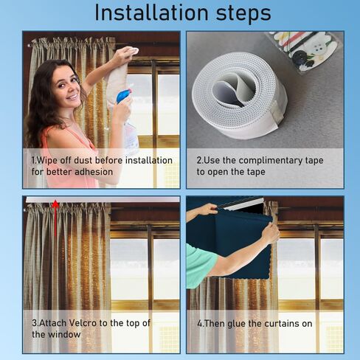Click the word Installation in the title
(151, 13)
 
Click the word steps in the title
(243, 13)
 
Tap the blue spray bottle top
(124, 96)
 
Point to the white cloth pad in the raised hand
(134, 51)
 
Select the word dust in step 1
(83, 160)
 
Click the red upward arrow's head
(55, 204)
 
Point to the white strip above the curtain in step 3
(103, 199)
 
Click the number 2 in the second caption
(199, 161)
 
